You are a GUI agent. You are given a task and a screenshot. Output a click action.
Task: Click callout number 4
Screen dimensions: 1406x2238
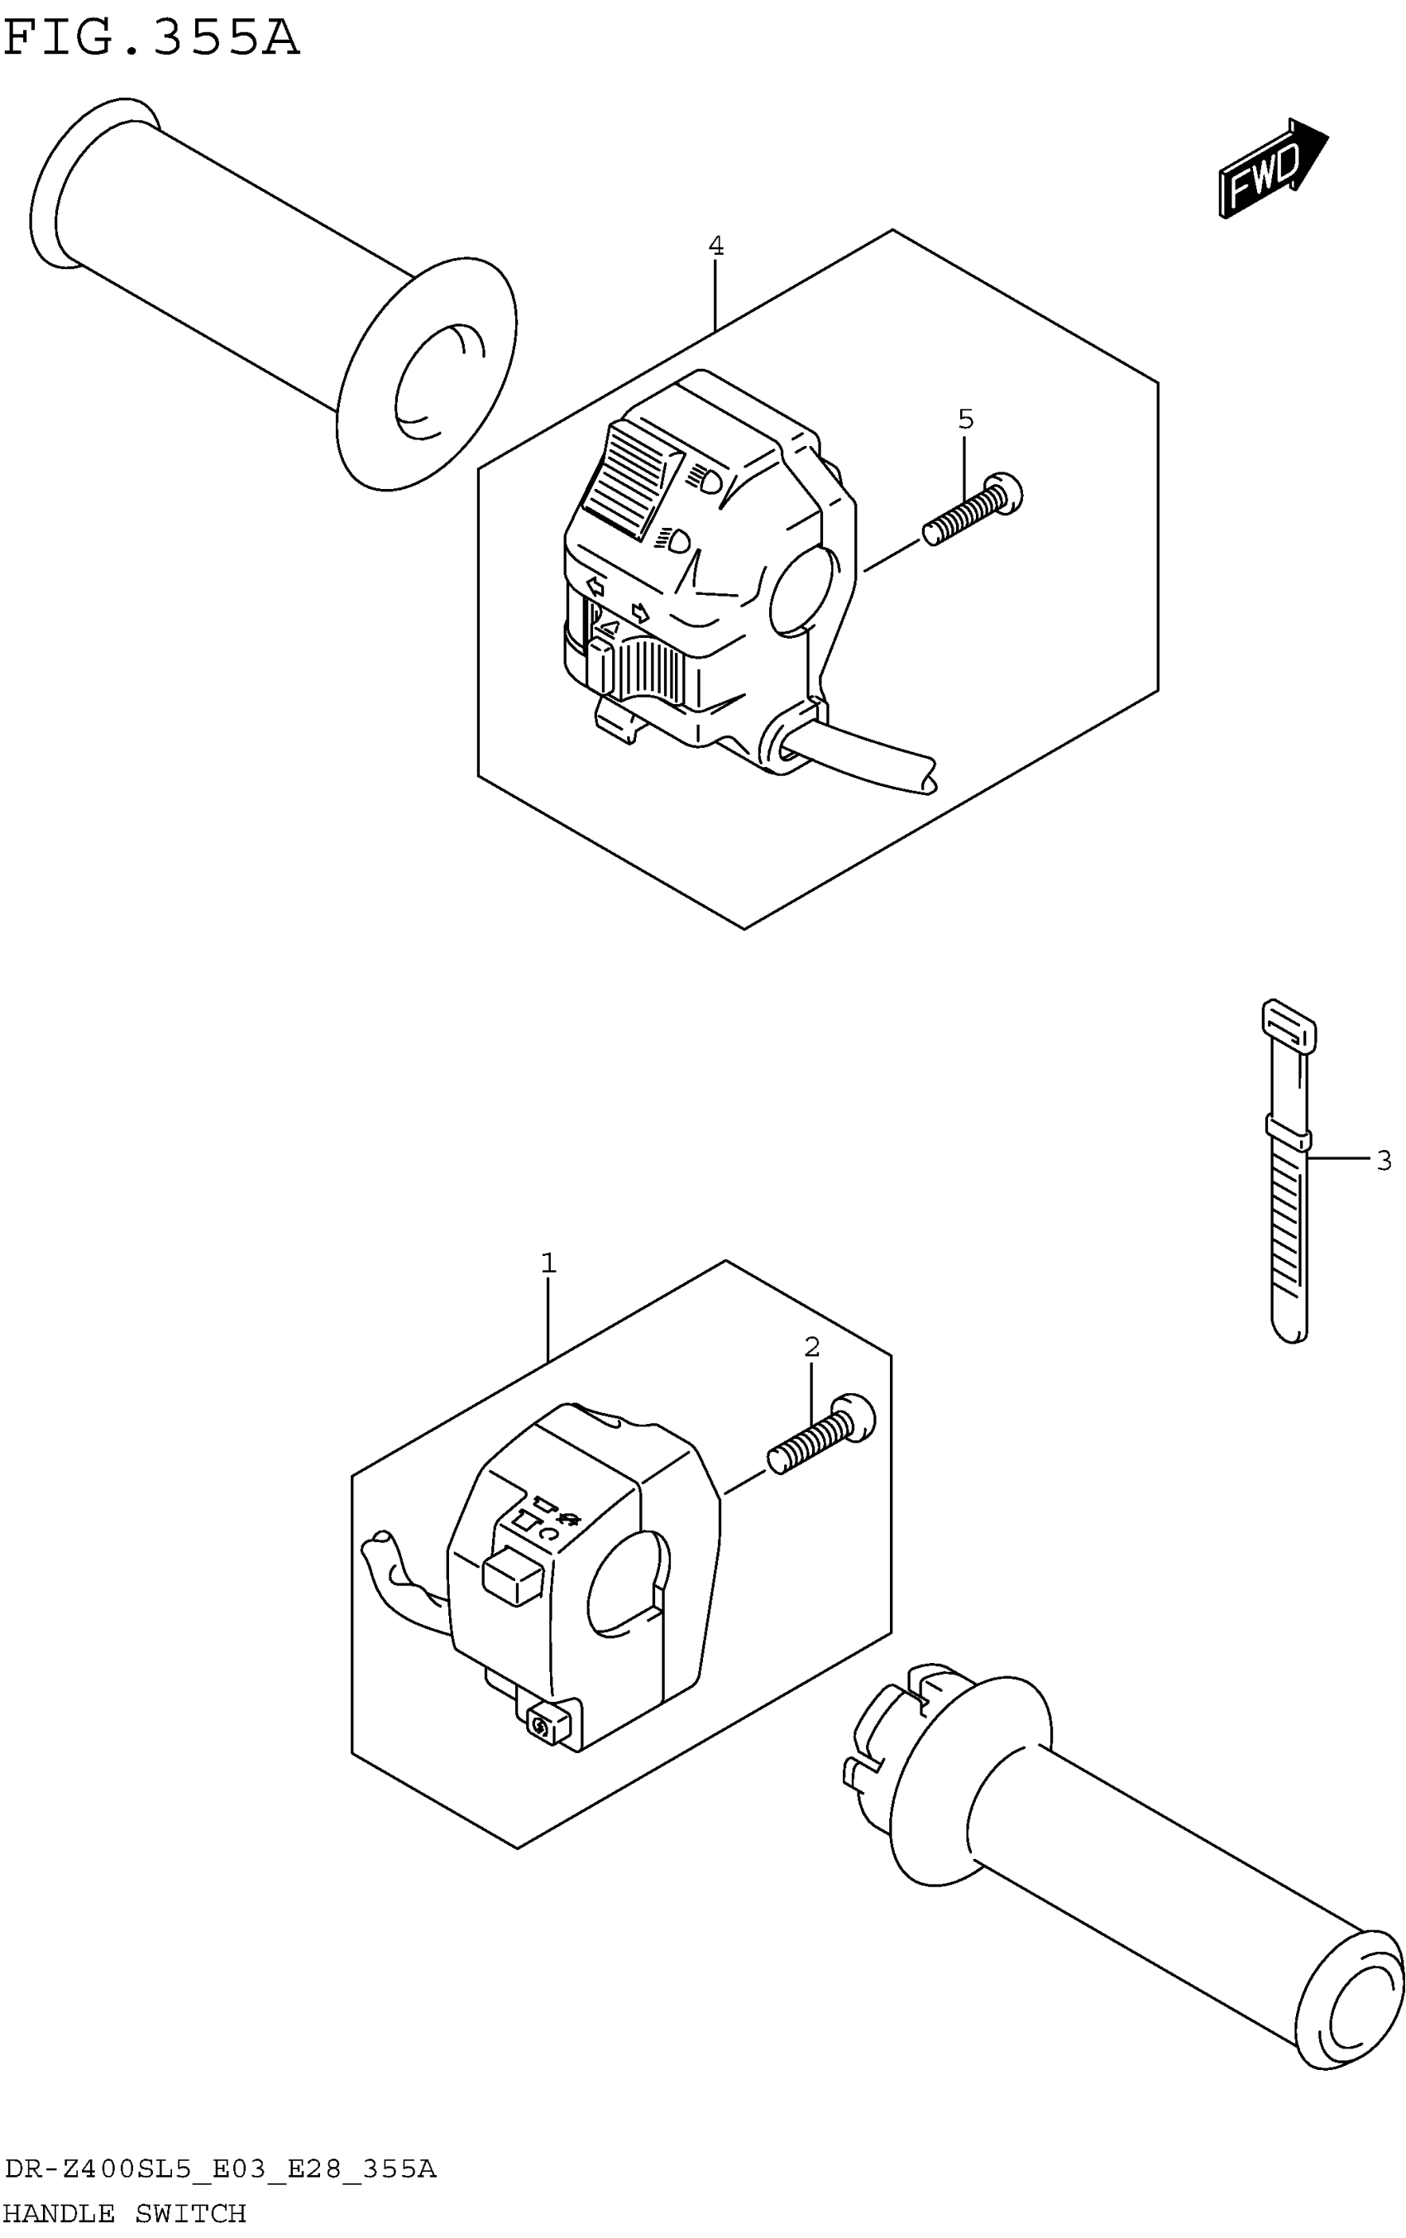[x=715, y=247]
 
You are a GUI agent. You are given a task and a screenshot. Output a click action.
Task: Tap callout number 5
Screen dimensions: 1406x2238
[x=965, y=420]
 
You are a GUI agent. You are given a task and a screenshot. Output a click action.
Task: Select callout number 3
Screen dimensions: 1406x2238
[x=1383, y=1160]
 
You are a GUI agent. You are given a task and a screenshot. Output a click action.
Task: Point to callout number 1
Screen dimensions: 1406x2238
[x=548, y=1263]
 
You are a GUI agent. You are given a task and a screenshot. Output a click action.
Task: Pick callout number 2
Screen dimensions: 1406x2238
[x=811, y=1347]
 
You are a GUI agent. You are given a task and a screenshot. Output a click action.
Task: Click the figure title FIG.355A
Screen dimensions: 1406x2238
[x=151, y=39]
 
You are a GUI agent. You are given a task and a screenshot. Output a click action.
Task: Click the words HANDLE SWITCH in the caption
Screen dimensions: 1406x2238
[x=126, y=2213]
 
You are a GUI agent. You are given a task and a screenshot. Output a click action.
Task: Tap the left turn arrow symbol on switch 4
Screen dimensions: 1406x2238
[x=595, y=587]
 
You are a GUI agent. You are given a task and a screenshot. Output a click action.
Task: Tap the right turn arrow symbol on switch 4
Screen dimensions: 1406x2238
[x=639, y=612]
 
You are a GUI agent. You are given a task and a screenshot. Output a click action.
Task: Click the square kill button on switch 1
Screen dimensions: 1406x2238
[x=512, y=1574]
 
